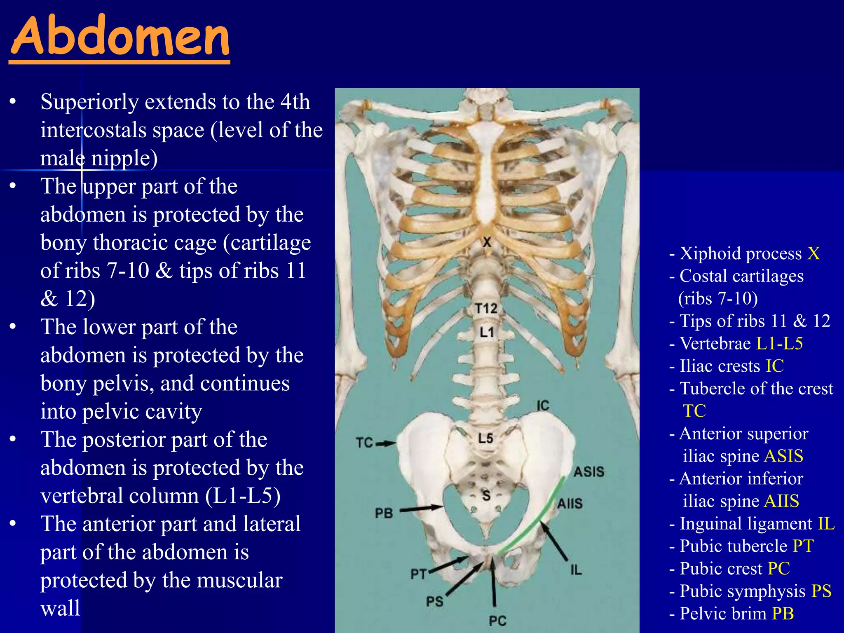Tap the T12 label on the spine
(x=486, y=308)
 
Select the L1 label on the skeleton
(x=487, y=332)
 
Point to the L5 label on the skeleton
(x=485, y=438)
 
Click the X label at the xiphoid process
(x=487, y=242)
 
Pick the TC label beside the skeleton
(x=364, y=443)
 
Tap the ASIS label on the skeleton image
(x=589, y=472)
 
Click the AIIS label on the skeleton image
(x=570, y=503)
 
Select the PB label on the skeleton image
(x=384, y=513)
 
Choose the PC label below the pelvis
(x=497, y=621)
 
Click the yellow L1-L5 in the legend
(x=780, y=343)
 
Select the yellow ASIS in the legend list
(x=784, y=456)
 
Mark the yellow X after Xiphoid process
(x=813, y=253)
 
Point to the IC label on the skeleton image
(x=543, y=406)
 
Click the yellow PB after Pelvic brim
(x=783, y=614)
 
